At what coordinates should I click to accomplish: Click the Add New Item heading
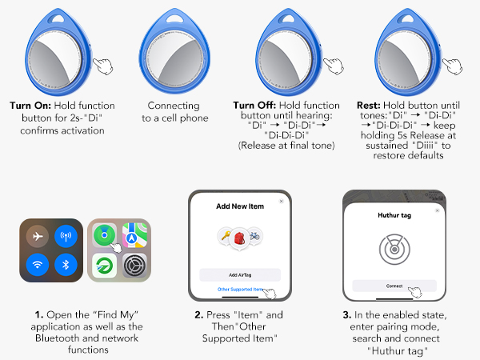tap(239, 206)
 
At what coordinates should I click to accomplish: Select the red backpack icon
tap(240, 236)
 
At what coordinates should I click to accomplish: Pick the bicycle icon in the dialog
tap(255, 236)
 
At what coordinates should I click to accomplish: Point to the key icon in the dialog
tap(225, 236)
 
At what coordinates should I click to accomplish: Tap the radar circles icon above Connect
tap(394, 250)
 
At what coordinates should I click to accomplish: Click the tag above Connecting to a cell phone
tap(174, 48)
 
